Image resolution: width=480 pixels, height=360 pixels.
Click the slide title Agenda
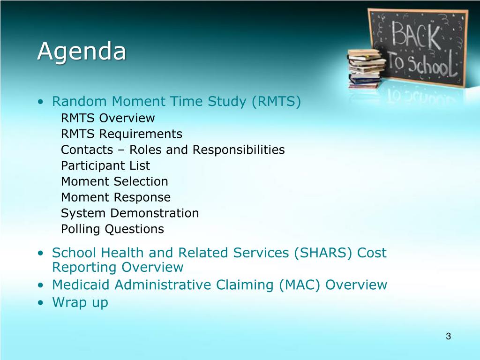(82, 51)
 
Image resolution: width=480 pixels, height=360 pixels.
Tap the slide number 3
(448, 336)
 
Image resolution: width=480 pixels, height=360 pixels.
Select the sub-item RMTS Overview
(108, 118)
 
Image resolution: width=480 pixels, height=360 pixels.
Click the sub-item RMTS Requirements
(121, 134)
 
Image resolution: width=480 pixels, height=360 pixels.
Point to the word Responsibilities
(239, 150)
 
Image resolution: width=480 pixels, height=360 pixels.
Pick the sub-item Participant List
(105, 165)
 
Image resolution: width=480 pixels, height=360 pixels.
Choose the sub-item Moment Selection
(114, 181)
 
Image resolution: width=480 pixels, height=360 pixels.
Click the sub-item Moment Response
(116, 197)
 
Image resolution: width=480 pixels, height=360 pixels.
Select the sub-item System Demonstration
(130, 213)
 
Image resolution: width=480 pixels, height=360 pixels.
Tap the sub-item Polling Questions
(112, 229)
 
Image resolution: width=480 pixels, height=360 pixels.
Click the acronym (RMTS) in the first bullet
(276, 101)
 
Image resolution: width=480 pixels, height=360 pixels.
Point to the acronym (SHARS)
(323, 253)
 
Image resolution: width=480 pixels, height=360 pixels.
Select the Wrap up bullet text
(80, 302)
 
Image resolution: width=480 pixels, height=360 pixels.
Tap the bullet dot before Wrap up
(41, 303)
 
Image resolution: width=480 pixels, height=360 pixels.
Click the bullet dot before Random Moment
(41, 102)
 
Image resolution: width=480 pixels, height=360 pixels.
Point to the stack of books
(366, 68)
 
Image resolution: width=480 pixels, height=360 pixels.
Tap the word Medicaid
(81, 285)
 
